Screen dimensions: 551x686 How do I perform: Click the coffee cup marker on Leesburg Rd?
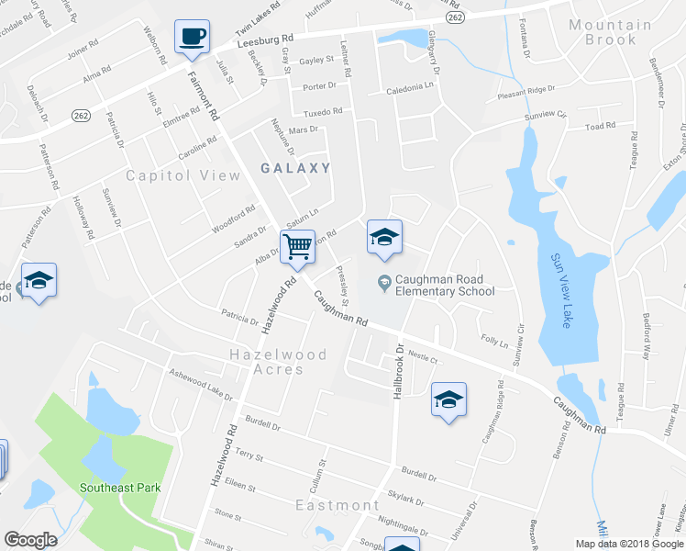[x=192, y=37]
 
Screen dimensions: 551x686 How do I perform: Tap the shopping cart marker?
[x=297, y=246]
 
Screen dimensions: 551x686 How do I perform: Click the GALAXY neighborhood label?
[x=294, y=168]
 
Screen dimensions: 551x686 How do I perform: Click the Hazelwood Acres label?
[x=266, y=361]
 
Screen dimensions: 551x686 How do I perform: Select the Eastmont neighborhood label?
[x=337, y=505]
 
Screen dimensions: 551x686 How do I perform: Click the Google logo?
[x=30, y=540]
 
